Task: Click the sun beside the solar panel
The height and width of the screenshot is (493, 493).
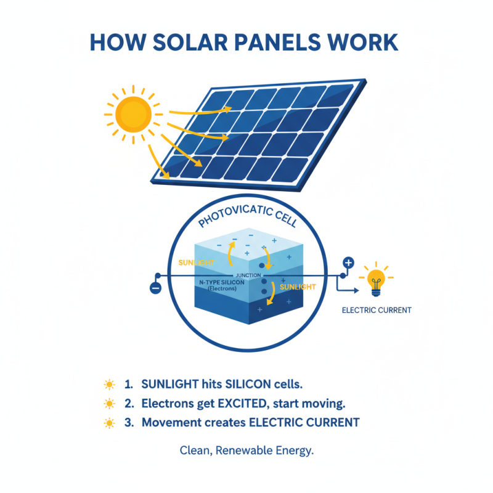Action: [133, 113]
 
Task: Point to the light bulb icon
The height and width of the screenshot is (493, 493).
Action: [375, 279]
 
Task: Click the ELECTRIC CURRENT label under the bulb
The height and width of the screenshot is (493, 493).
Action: [377, 310]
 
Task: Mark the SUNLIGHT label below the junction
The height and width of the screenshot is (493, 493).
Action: [298, 287]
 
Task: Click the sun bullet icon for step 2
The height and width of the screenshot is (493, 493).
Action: [109, 404]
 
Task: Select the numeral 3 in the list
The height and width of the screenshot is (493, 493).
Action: [128, 423]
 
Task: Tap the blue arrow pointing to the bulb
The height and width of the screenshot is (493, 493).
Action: [348, 287]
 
